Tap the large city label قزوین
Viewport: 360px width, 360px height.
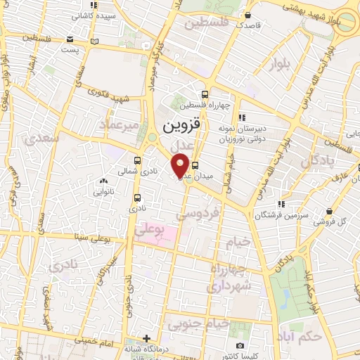pyautogui.click(x=182, y=126)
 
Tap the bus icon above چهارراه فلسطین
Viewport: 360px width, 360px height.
pyautogui.click(x=205, y=94)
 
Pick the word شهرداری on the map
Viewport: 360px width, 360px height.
pyautogui.click(x=229, y=286)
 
